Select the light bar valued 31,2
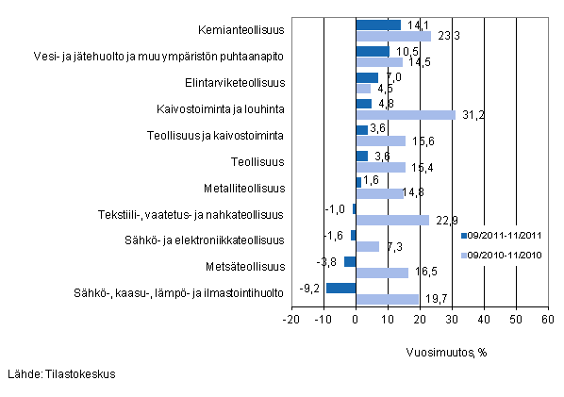[x=406, y=114]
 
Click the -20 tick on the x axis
[x=291, y=321]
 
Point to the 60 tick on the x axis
[x=547, y=321]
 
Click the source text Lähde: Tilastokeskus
[x=61, y=374]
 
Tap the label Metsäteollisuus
[x=246, y=266]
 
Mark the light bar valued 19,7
[x=387, y=299]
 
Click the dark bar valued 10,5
[x=373, y=51]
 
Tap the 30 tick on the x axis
[x=451, y=321]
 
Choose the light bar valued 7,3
[x=367, y=246]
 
